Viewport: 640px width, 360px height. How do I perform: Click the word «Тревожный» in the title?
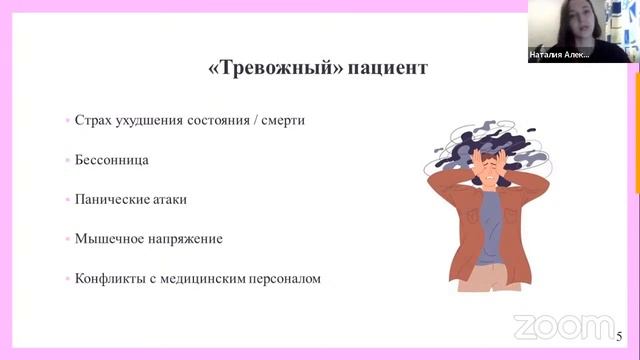tap(262, 69)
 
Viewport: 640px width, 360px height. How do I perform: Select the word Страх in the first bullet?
tap(95, 120)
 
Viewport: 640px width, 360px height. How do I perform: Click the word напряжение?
tap(186, 239)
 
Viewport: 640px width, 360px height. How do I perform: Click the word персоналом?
tap(288, 278)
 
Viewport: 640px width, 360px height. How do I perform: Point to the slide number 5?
tap(620, 336)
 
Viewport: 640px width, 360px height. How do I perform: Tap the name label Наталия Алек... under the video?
tap(559, 56)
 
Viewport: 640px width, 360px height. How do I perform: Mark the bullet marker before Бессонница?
tap(66, 160)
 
